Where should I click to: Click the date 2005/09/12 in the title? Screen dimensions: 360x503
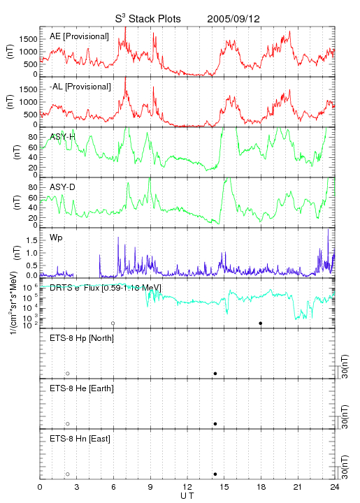233,19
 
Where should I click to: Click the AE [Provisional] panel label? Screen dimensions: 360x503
79,36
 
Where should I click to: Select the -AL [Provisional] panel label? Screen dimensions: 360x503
80,87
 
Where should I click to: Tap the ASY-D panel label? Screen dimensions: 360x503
62,187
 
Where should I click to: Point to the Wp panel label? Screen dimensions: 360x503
56,238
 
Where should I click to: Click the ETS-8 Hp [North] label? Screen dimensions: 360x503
82,338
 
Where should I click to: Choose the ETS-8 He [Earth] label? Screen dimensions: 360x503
82,388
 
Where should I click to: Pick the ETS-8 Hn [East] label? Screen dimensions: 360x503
80,439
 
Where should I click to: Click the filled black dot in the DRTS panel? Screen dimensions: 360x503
261,323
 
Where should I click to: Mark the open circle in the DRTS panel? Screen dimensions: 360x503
113,323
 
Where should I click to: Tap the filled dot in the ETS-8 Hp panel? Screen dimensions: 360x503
215,373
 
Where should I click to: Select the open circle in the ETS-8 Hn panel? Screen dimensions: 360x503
68,474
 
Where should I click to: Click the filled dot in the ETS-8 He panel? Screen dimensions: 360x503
215,424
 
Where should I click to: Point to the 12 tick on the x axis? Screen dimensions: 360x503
187,487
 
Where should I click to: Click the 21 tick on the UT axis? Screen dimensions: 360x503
298,487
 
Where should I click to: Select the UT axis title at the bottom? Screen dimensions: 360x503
187,496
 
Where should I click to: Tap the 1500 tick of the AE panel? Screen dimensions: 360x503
28,39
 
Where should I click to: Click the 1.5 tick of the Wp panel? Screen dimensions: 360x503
31,240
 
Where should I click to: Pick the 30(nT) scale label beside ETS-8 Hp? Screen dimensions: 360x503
345,366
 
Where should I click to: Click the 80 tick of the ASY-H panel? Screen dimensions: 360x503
33,137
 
